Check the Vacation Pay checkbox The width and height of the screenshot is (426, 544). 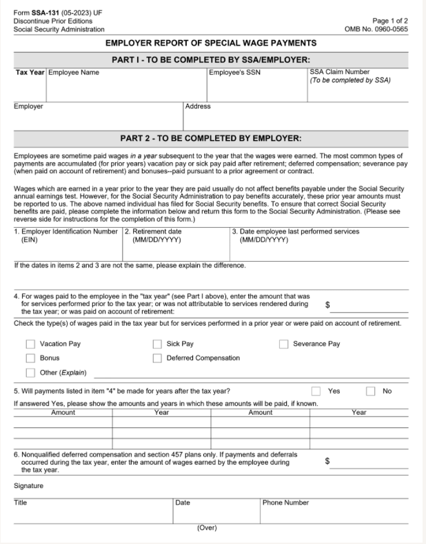[30, 344]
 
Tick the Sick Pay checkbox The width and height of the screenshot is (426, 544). [157, 344]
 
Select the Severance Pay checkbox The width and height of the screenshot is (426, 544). [284, 344]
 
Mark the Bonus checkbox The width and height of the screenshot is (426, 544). [30, 358]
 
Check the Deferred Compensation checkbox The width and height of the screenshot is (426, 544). [157, 358]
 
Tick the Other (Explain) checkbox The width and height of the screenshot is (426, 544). [30, 373]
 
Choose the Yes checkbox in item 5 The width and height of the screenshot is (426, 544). [316, 391]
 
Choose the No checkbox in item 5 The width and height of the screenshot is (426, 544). [371, 391]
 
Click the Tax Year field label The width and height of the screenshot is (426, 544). [30, 72]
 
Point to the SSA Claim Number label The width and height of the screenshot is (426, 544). [340, 72]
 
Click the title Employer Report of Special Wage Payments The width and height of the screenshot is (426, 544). [213, 43]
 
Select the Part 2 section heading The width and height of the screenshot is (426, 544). [213, 138]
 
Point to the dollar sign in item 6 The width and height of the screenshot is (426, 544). [327, 463]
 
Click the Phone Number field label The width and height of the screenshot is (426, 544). [285, 503]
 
